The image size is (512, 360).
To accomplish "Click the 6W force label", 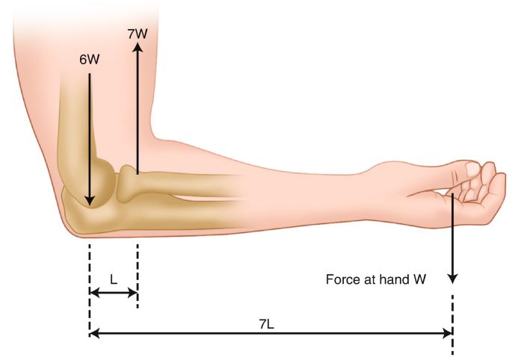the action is click(89, 59).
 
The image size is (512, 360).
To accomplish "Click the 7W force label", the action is click(138, 34).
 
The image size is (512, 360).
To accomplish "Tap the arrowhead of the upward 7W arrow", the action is click(138, 46).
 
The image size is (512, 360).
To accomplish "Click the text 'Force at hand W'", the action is click(376, 280).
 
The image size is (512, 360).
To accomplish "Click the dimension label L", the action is click(114, 279).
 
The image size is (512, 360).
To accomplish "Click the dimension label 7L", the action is click(267, 323).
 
